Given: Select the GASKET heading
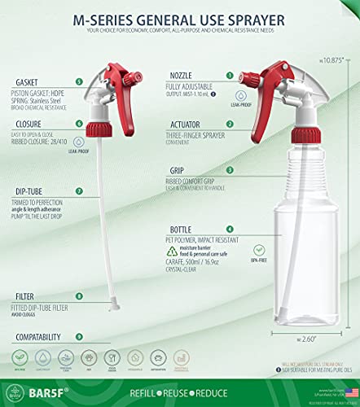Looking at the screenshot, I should (27, 81).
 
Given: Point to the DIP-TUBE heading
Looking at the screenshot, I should (31, 191).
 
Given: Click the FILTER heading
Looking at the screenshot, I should (24, 297).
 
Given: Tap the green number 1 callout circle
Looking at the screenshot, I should (230, 75).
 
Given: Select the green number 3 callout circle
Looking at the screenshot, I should (230, 170).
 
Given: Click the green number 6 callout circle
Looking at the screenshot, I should (77, 124).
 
